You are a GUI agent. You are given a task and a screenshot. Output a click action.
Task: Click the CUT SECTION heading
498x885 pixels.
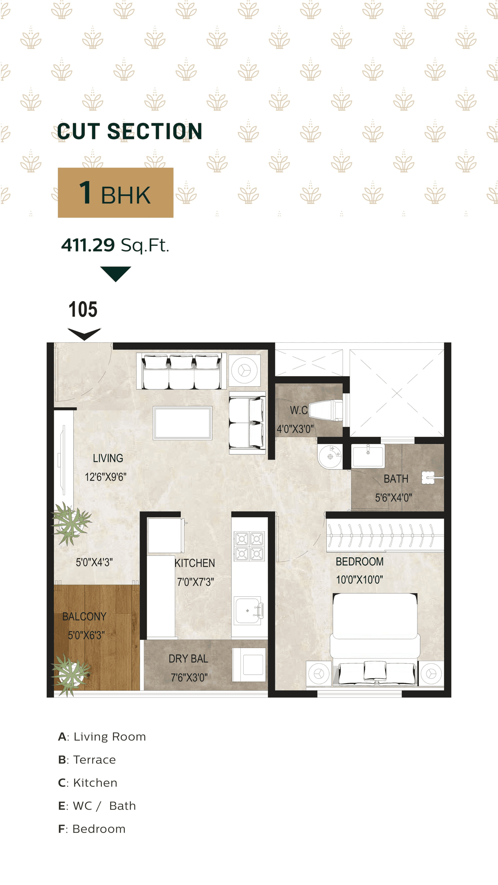(x=130, y=131)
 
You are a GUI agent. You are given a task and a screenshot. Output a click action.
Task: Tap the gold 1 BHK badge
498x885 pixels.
(x=116, y=193)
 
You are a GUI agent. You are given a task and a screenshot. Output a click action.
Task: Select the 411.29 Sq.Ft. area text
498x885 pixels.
(x=115, y=245)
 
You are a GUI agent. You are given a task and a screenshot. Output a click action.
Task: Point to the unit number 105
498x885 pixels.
(x=83, y=310)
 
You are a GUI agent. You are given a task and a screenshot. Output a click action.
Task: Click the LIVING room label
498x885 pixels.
(x=108, y=458)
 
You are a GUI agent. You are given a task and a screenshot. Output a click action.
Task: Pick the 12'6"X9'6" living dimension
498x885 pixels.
(x=106, y=477)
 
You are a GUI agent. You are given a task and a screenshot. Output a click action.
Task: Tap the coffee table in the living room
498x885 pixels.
(x=182, y=423)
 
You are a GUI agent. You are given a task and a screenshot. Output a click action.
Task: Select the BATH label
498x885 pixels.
(x=396, y=479)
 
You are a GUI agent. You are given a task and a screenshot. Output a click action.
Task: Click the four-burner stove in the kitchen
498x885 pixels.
(x=249, y=546)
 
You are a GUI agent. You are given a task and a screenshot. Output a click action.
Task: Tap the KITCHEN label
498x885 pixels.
(x=195, y=563)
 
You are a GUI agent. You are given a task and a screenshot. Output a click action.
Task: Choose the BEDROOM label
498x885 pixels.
(x=359, y=561)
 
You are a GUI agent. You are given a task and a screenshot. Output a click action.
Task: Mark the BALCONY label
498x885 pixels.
(x=84, y=617)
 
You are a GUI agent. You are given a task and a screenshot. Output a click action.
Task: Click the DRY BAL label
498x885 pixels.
(x=188, y=659)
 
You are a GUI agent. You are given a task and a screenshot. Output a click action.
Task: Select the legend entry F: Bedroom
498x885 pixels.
(x=92, y=829)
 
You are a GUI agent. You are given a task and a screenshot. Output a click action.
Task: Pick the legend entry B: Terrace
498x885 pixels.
(x=87, y=760)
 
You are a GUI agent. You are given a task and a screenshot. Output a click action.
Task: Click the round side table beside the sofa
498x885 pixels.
(x=244, y=370)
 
